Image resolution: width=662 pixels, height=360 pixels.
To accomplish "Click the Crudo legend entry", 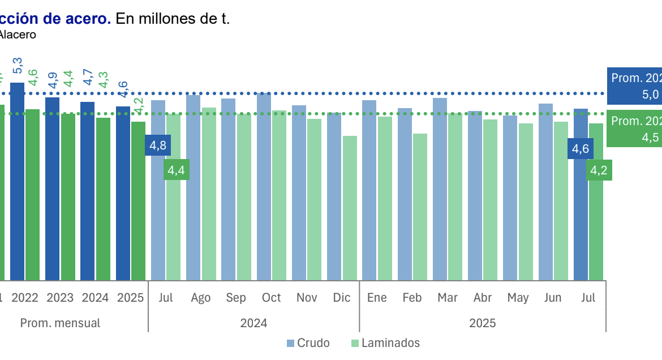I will point(308,343).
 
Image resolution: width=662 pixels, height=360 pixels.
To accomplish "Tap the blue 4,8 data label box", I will point(158,145).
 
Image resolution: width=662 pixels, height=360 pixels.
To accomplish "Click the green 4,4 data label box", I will point(177,170).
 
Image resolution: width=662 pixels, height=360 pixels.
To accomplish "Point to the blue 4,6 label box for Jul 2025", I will point(581,149).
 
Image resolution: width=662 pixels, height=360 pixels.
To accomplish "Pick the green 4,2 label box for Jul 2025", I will point(599,170).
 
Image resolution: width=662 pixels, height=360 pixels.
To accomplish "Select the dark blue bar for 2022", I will point(18,181).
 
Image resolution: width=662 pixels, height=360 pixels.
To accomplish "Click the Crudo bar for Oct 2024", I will point(264,187).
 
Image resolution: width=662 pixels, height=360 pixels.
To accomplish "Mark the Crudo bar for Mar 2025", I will point(440,189).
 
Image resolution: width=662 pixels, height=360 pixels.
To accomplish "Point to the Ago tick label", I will point(201,298).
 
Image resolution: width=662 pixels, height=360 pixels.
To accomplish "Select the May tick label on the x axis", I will point(518,298).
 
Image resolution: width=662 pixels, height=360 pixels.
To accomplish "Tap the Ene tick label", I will point(377,298).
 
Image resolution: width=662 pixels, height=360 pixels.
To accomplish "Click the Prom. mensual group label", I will point(60,323).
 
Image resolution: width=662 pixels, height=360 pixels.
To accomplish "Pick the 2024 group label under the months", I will point(253,323).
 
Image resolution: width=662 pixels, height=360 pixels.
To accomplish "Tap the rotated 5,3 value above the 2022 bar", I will point(18,66).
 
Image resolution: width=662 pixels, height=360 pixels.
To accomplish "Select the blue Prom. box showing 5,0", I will point(634,86).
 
